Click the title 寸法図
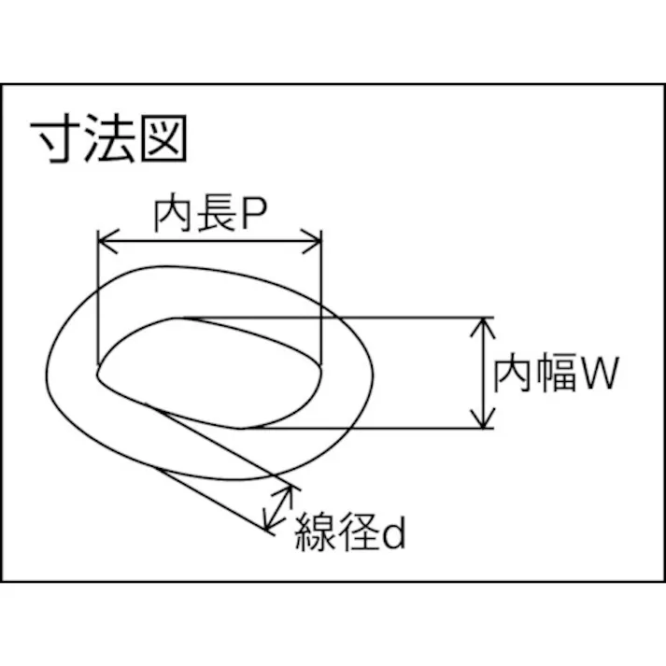[110, 139]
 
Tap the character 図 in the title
[165, 139]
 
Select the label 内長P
[211, 217]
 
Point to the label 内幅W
[557, 375]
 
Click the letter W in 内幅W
[598, 376]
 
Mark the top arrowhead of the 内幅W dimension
[483, 325]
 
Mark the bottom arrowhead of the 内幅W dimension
[483, 421]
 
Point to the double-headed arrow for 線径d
[277, 507]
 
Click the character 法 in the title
[110, 139]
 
